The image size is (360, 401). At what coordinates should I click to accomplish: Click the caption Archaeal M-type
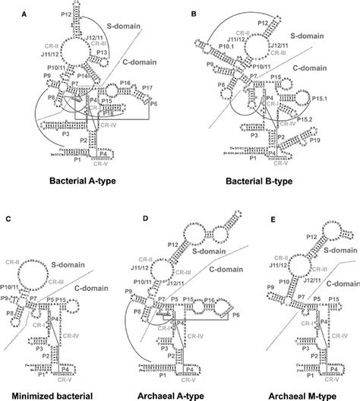tap(303, 393)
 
